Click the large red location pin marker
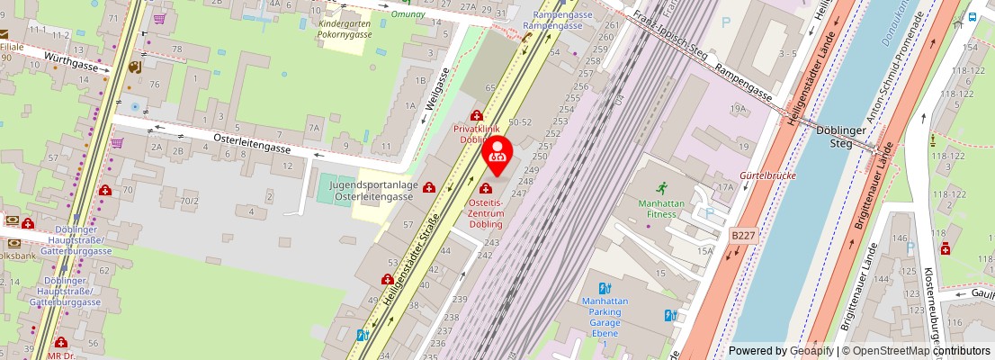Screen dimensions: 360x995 coord(497,155)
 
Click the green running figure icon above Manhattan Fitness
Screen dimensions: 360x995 coord(663,188)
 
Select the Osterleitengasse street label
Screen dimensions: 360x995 coord(252,144)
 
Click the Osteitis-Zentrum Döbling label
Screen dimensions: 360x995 coord(486,213)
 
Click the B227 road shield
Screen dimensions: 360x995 coord(743,235)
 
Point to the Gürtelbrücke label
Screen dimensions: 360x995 coord(767,175)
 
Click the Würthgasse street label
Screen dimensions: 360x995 coord(73,62)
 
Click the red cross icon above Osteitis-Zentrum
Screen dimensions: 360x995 coord(486,189)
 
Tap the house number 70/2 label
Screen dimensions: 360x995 coord(189,200)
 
